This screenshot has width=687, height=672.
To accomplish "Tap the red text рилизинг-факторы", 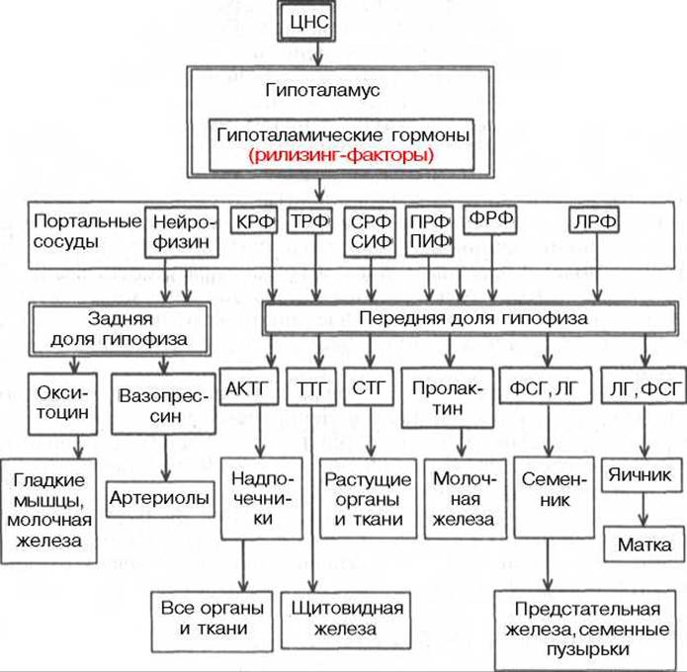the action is point(341,155).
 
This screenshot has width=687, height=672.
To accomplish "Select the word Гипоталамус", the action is point(322,90).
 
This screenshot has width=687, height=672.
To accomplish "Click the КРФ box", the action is point(254,220).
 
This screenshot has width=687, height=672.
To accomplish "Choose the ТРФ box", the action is point(309,220).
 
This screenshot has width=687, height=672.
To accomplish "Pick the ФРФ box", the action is point(490,219).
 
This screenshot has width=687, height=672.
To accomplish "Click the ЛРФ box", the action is point(594,220).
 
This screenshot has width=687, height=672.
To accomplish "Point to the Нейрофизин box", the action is point(182,232).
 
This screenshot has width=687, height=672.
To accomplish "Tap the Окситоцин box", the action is point(62,403).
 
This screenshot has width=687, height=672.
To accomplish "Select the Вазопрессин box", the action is point(163,403).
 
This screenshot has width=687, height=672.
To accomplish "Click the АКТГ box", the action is point(248,386).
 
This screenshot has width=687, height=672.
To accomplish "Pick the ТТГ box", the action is point(311,387).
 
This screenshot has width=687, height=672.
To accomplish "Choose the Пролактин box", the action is point(448,398).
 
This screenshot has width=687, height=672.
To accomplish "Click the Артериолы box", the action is point(160,498).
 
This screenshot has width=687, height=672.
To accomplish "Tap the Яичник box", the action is point(642,475).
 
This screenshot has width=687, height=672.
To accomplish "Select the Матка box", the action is point(644,545).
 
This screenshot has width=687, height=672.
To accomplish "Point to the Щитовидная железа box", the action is point(346,620).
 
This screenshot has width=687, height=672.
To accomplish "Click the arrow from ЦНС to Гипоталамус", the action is point(318,54).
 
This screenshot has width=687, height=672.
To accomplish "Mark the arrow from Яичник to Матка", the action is point(643,509).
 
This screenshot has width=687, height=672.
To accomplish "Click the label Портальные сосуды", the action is point(87,231).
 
